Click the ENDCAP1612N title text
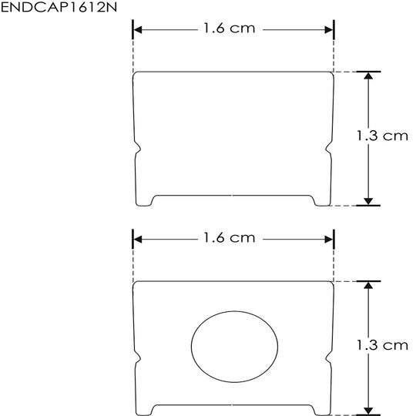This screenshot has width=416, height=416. click(x=59, y=7)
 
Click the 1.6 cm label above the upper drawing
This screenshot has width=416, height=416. click(x=230, y=29)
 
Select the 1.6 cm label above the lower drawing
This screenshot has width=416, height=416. click(x=230, y=238)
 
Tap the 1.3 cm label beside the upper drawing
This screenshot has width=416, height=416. click(x=382, y=136)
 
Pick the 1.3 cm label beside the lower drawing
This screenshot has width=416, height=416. click(x=382, y=345)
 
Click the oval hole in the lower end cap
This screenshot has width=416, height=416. click(x=234, y=347)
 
